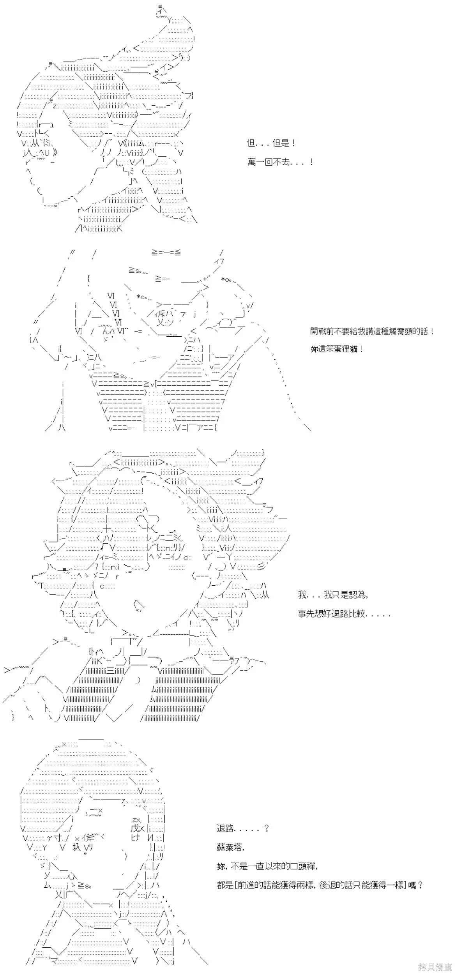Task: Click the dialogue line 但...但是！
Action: click(271, 143)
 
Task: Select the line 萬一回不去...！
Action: click(280, 162)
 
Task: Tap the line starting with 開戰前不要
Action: click(372, 331)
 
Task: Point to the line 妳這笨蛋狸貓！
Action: click(337, 349)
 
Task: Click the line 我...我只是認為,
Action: click(333, 595)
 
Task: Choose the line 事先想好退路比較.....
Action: click(344, 613)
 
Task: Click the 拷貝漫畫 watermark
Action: click(435, 966)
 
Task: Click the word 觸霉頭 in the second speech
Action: click(399, 331)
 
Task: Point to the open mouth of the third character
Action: click(139, 604)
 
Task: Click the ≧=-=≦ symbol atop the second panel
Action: click(166, 253)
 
